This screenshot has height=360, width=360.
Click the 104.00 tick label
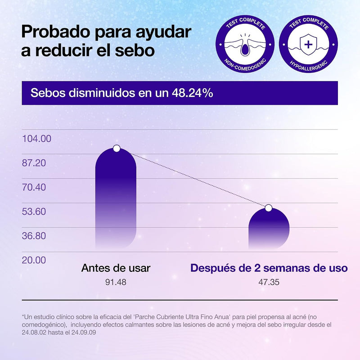tap(36, 139)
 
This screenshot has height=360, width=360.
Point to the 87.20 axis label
tap(34, 163)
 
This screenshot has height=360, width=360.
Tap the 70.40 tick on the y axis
tap(34, 187)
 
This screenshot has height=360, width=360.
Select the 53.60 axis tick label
tap(34, 211)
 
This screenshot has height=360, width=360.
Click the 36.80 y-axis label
tap(34, 236)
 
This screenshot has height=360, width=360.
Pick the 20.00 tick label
tap(34, 260)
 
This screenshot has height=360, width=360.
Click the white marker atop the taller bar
tap(117, 148)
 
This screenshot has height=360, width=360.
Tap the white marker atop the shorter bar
tap(269, 208)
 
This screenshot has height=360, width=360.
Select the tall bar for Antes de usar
tap(116, 198)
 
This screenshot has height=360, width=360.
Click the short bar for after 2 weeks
tap(269, 229)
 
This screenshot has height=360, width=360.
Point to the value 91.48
tap(116, 282)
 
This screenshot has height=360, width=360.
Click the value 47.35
tap(269, 282)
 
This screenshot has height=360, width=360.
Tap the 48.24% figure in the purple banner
tap(193, 93)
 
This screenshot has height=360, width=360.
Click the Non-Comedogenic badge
tap(245, 44)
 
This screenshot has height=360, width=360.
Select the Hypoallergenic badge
tap(308, 44)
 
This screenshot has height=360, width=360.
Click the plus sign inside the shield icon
tap(308, 44)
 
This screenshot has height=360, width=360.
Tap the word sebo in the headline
tap(135, 50)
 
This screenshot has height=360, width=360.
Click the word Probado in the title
tap(55, 32)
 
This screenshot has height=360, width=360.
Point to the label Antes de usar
tap(116, 268)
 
